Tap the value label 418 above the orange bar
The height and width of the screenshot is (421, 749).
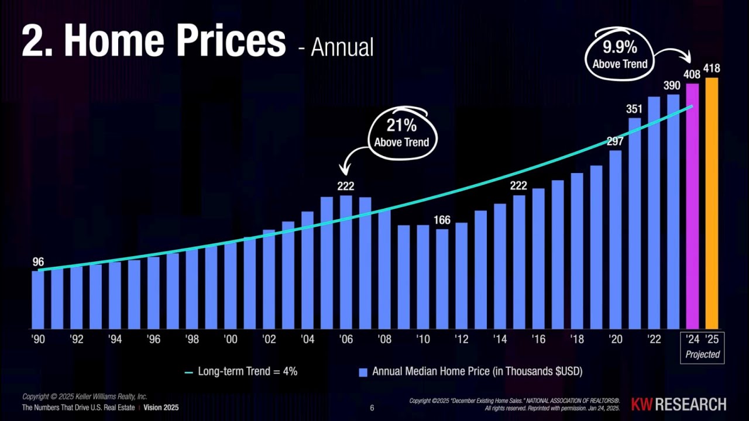pos(712,68)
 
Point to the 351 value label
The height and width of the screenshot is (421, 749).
pos(634,109)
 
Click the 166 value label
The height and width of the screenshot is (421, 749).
pos(442,220)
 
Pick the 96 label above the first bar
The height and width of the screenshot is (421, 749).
pos(38,262)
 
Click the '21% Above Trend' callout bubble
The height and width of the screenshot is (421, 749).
pos(401,133)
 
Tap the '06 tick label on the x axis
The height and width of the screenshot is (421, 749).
pos(346,340)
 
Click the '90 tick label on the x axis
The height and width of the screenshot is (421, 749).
pos(38,340)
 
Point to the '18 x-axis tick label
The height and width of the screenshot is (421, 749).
pos(576,340)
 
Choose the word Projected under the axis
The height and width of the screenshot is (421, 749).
pos(702,354)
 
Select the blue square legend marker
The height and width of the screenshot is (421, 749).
pos(363,372)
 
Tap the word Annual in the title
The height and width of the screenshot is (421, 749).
pos(342,47)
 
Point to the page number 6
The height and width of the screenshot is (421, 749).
pos(372,408)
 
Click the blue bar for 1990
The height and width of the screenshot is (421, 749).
pos(38,299)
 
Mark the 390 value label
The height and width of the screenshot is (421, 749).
pos(672,86)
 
